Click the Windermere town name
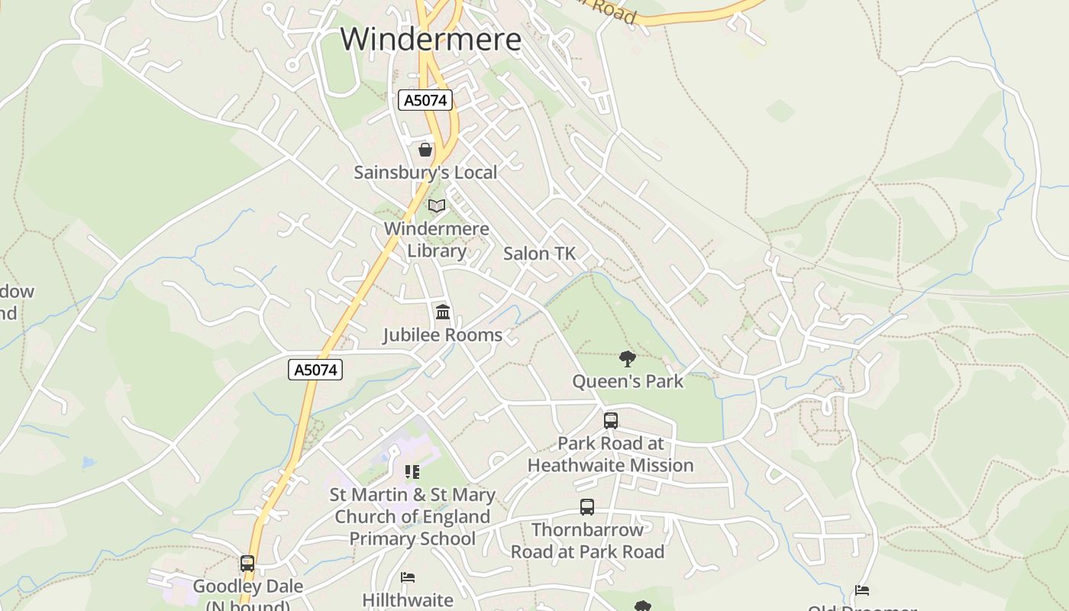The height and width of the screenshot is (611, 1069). (431, 38)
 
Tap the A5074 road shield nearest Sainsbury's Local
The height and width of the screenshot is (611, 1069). (425, 100)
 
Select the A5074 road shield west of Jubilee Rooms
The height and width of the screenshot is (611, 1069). (315, 370)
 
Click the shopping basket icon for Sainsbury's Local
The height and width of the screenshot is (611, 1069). (425, 150)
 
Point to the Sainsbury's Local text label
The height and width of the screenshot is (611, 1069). (425, 173)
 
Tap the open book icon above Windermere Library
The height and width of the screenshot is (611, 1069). (437, 205)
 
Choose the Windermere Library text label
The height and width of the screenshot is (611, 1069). (437, 239)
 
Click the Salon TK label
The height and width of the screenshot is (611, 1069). (539, 254)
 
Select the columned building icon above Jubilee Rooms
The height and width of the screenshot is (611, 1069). (442, 312)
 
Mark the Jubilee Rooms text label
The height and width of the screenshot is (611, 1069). (442, 335)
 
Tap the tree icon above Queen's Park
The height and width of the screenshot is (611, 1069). (628, 358)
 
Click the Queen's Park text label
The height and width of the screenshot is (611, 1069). (628, 380)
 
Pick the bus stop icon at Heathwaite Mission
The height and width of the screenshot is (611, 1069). (611, 420)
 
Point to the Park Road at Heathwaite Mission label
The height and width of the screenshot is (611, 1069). (611, 454)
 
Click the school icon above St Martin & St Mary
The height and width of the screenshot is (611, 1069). (412, 472)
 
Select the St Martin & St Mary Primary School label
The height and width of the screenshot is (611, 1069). (412, 516)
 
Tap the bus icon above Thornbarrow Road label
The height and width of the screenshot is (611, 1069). (587, 506)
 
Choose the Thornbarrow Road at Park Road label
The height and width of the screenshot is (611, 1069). (587, 540)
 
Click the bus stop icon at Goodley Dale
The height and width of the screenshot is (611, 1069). (247, 564)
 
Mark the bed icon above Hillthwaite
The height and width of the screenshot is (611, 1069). (408, 577)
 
